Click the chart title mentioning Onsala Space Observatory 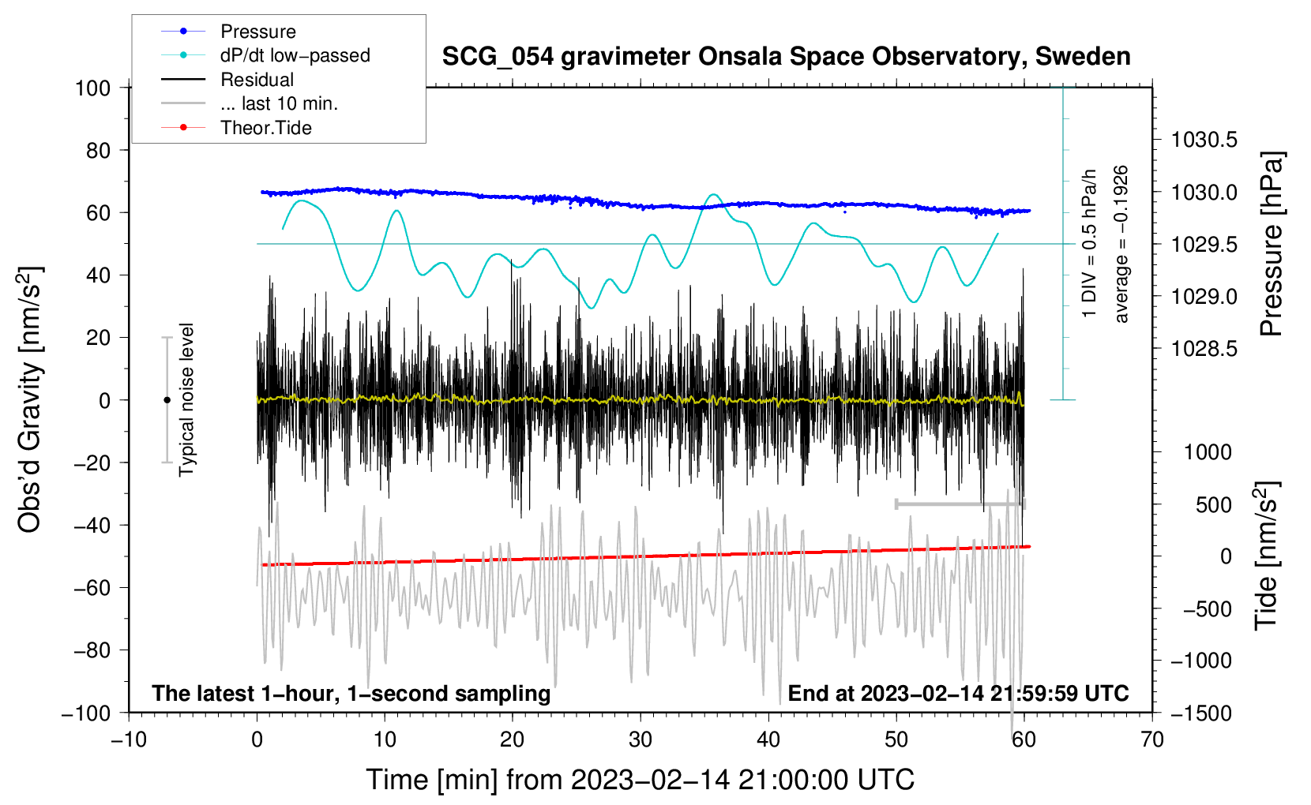tap(786, 57)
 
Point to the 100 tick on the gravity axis tap(93, 88)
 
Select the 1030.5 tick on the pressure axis tap(1204, 140)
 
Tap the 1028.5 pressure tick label tap(1204, 349)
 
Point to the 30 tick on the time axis tap(640, 739)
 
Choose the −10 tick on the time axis tap(129, 739)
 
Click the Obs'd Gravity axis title tap(29, 399)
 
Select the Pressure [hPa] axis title tap(1272, 245)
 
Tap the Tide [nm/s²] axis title tap(1268, 556)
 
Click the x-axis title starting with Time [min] tap(640, 780)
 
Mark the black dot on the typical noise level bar tap(167, 400)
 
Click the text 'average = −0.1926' tap(1121, 244)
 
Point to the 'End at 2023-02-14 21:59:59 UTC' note tap(958, 693)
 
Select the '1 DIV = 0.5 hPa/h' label tap(1088, 244)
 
